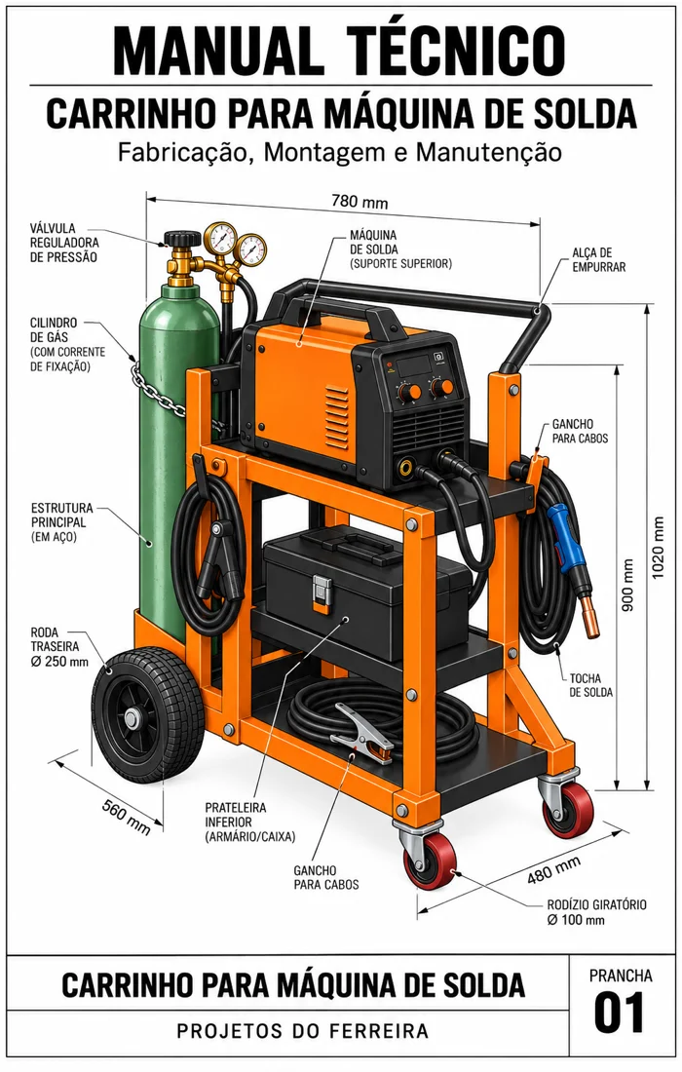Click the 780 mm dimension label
[360, 202]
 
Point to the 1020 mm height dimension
[658, 547]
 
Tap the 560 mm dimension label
[126, 816]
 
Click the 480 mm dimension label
[553, 869]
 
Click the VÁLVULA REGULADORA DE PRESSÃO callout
[64, 243]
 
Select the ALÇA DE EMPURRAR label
[598, 260]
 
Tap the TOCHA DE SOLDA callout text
[591, 685]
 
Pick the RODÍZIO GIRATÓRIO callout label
[596, 912]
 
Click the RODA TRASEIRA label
[59, 647]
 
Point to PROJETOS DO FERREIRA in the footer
[302, 1030]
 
